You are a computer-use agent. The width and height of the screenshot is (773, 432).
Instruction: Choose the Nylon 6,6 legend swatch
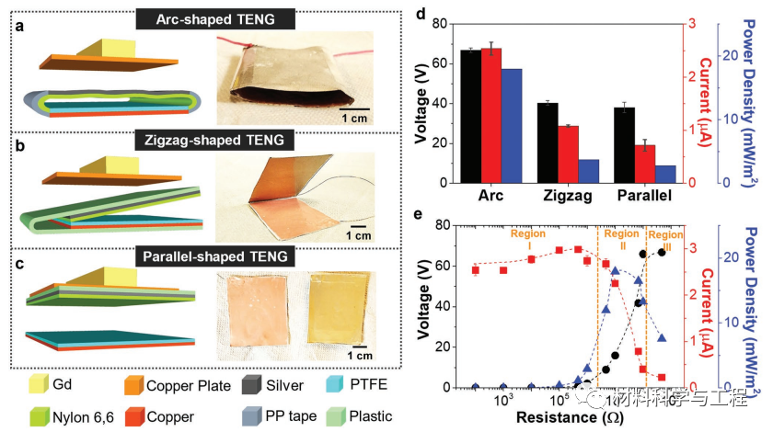[38, 416]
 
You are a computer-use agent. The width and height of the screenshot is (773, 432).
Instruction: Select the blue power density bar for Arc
[512, 125]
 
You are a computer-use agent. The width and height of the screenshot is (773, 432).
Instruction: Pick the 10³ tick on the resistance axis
[503, 402]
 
